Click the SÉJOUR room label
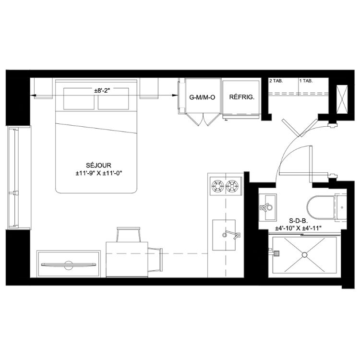[x=98, y=165]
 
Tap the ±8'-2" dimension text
[x=102, y=90]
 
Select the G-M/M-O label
[x=202, y=97]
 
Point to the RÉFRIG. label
[x=242, y=97]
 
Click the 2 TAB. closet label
[x=276, y=81]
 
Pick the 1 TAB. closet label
[x=306, y=81]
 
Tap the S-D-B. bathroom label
[x=298, y=221]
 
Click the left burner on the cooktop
[x=217, y=186]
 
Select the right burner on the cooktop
[x=232, y=186]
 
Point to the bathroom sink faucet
[x=266, y=207]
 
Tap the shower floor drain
[x=305, y=255]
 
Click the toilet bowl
[x=321, y=207]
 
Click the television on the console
[x=69, y=264]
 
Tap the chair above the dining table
[x=129, y=234]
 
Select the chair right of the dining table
[x=155, y=259]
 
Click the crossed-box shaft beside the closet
[x=342, y=99]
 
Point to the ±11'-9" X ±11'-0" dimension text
[x=99, y=173]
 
